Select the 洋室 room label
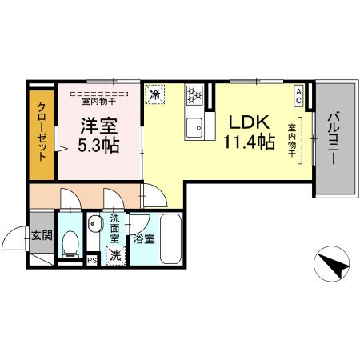[97, 126]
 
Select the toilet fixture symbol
[70, 242]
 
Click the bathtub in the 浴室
[171, 236]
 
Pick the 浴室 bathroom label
[143, 238]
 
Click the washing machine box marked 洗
[115, 256]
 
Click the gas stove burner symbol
[194, 95]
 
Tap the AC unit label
[299, 96]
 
